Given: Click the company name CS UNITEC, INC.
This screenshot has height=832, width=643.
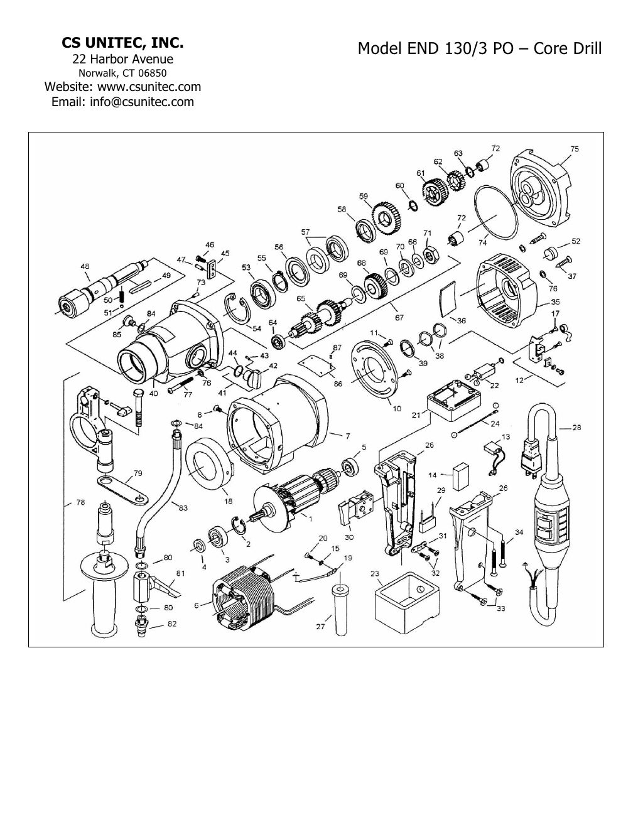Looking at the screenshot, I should tap(122, 43).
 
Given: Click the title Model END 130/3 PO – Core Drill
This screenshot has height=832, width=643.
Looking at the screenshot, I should tap(479, 48).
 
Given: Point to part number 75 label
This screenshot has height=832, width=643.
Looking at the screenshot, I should tap(575, 149).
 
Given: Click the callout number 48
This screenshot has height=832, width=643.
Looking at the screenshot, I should tap(84, 266).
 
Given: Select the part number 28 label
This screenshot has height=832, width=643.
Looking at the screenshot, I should tap(576, 428).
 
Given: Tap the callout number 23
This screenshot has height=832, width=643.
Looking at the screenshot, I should tap(375, 573).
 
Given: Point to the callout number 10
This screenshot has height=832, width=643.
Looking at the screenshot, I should tap(397, 409).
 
